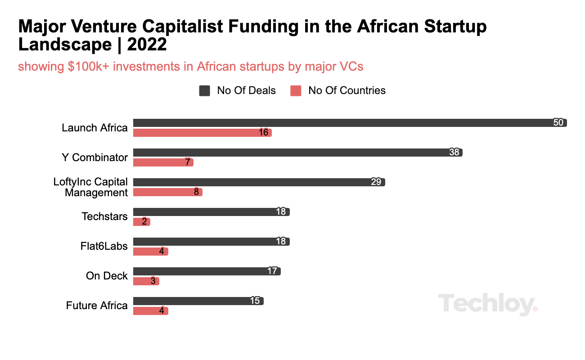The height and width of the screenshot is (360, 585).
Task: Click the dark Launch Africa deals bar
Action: point(350,123)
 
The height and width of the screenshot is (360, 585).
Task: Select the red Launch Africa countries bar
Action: point(202,133)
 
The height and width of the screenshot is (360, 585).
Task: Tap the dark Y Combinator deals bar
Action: point(298,153)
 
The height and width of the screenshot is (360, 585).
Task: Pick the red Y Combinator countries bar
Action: point(163,162)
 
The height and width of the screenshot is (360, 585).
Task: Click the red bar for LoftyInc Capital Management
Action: point(168,192)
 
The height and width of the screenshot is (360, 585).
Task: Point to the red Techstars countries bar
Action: point(142,222)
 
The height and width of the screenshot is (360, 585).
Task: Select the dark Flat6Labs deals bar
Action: point(211,242)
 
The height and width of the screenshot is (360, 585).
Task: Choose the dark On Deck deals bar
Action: point(207,271)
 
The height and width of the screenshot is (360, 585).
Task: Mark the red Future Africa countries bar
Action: point(151,311)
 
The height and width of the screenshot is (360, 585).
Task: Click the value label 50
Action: point(558,122)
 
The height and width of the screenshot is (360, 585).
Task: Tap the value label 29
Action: point(376,182)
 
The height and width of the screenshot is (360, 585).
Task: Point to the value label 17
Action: point(272,271)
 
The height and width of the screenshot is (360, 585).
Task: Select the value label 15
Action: point(255,301)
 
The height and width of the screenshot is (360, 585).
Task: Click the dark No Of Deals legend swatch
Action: point(204,91)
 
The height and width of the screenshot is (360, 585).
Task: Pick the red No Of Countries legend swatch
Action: point(296,91)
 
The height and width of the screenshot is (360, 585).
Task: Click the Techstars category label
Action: point(104,216)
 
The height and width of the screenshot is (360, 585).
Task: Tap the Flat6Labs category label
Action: point(104,246)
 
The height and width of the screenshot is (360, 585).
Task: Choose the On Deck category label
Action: point(107,276)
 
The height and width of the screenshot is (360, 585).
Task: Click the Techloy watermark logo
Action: point(488,304)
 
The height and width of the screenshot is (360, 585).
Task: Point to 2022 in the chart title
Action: point(147,45)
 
